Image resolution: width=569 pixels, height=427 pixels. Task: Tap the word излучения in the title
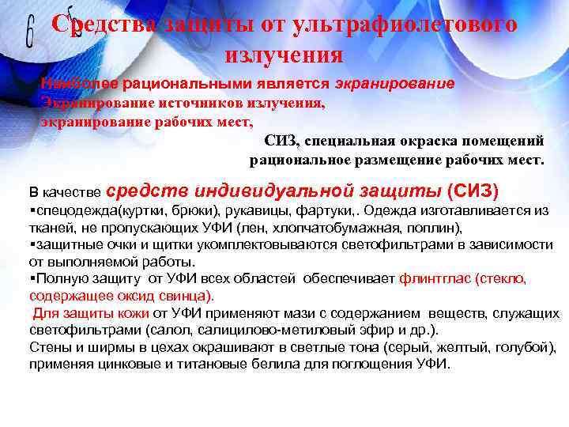[x=284, y=55]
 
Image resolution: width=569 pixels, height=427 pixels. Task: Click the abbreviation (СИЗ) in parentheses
[x=473, y=191]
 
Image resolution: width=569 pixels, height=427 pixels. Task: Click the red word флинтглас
[x=434, y=278]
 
